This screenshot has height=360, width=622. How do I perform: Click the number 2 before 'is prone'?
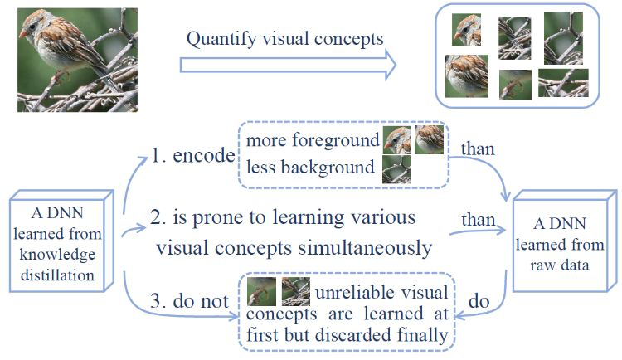pyautogui.click(x=158, y=219)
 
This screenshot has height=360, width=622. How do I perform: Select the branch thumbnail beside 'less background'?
pyautogui.click(x=396, y=170)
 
